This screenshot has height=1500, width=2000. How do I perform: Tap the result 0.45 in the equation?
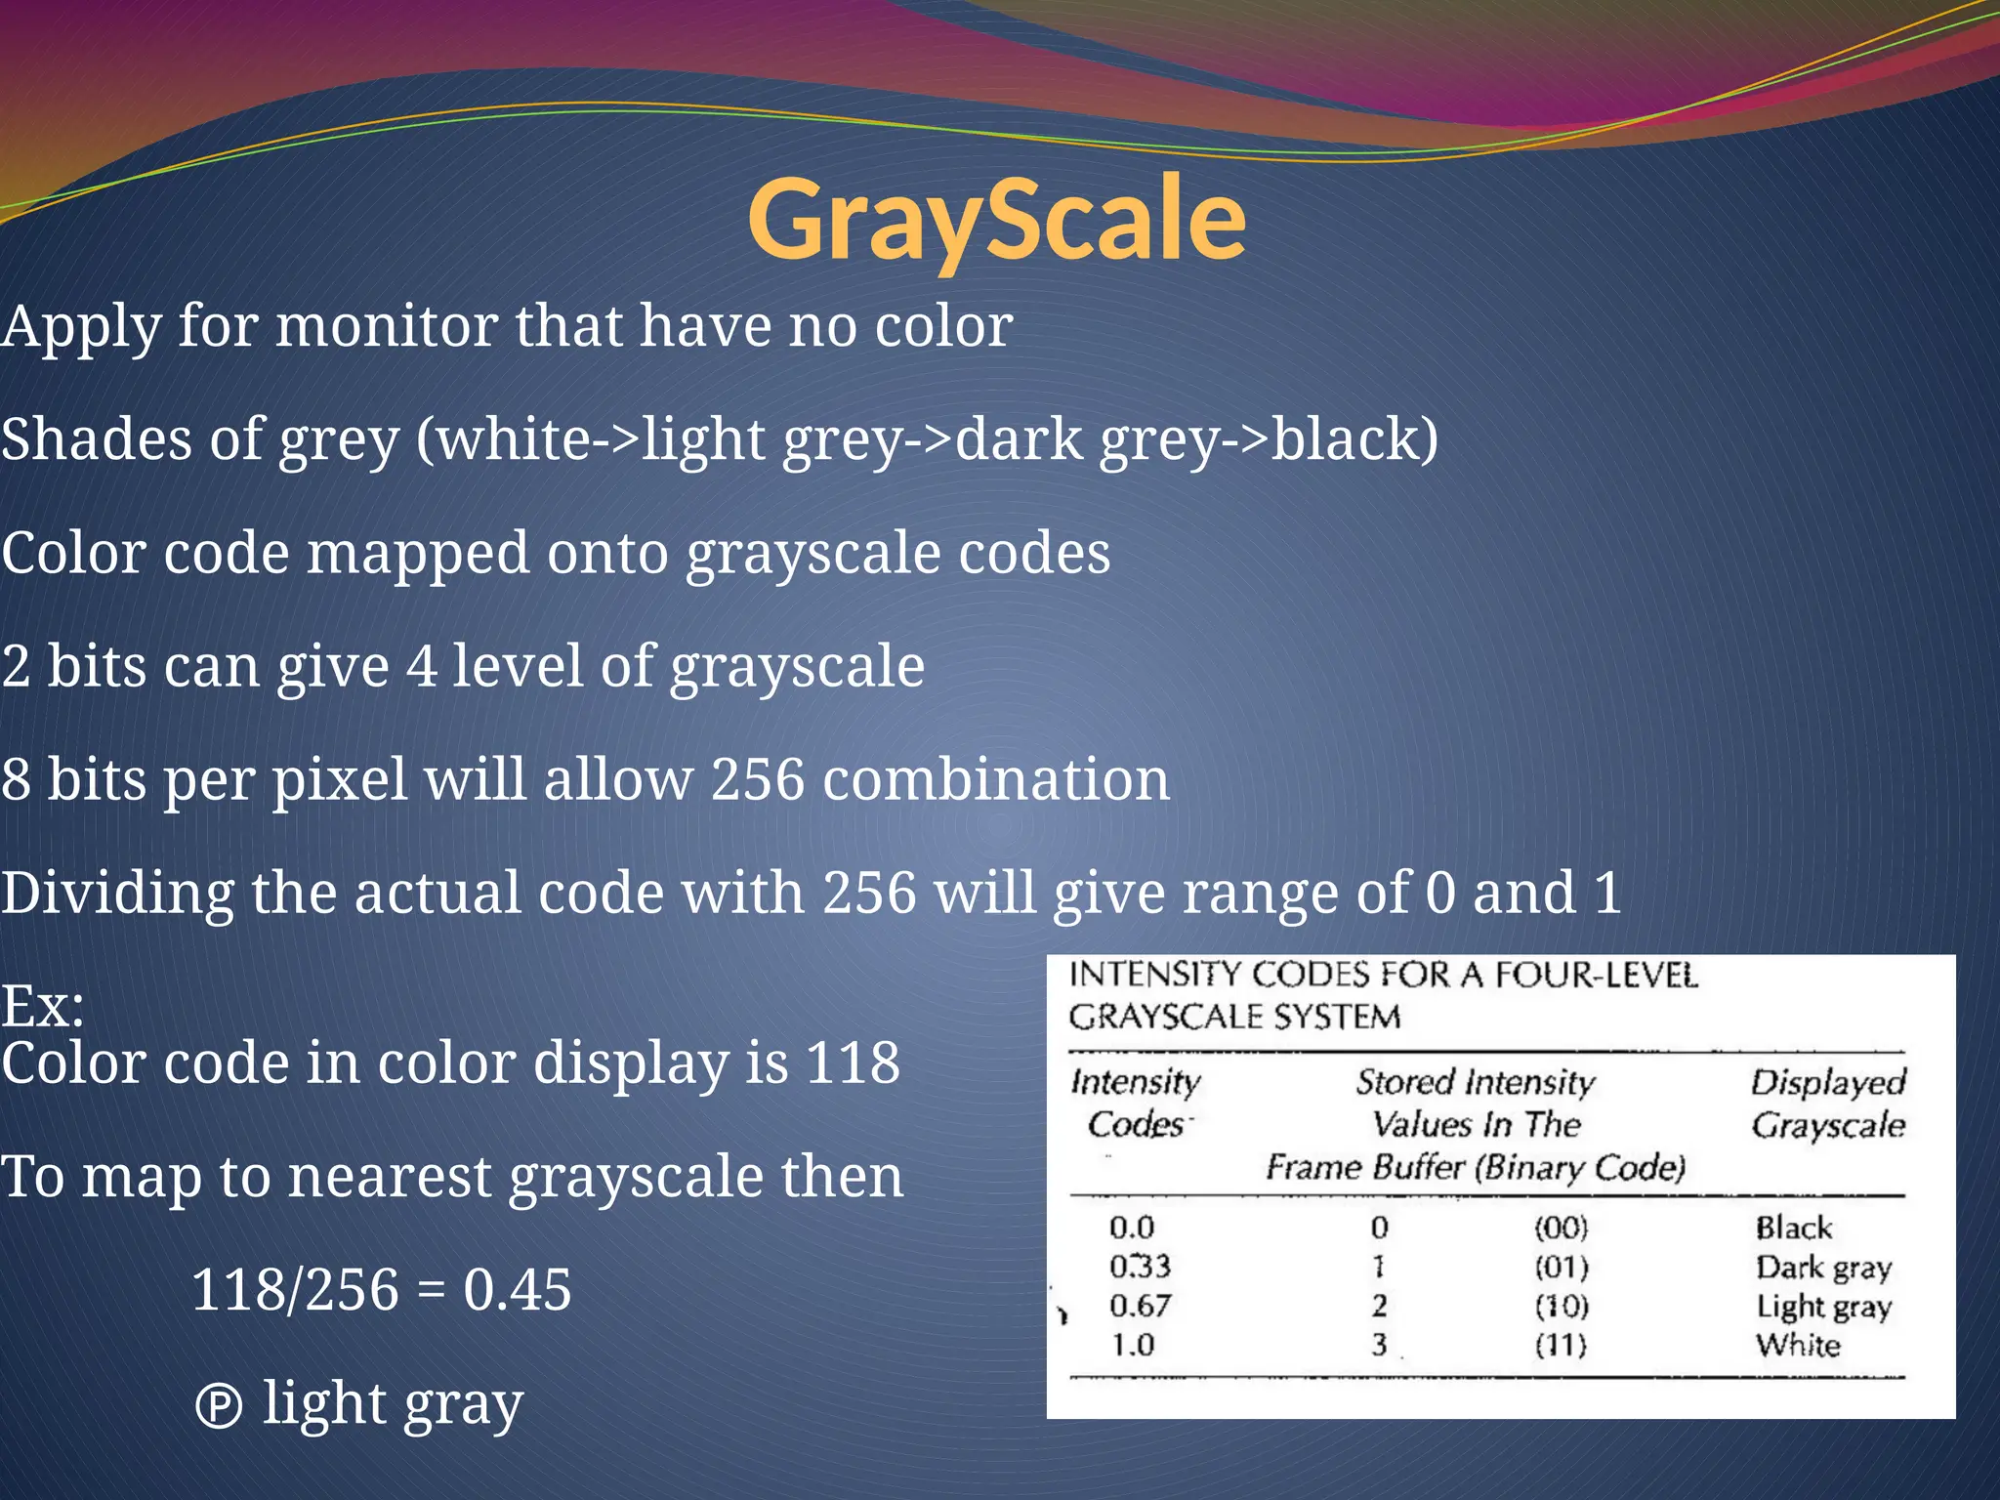coord(517,1290)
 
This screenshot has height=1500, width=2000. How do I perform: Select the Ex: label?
coord(43,1006)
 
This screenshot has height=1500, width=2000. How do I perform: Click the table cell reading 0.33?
coord(1139,1267)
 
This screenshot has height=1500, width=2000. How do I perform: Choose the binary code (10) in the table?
coord(1561,1306)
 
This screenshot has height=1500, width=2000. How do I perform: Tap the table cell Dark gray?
coord(1822,1268)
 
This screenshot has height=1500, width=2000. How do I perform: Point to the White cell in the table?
coord(1797,1346)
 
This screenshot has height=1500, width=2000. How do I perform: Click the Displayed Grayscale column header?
coord(1827,1104)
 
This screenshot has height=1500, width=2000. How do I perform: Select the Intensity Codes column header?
coord(1136,1104)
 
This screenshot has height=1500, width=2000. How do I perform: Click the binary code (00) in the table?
coord(1561,1228)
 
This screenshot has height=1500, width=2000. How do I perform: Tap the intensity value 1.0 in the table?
coord(1132,1346)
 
